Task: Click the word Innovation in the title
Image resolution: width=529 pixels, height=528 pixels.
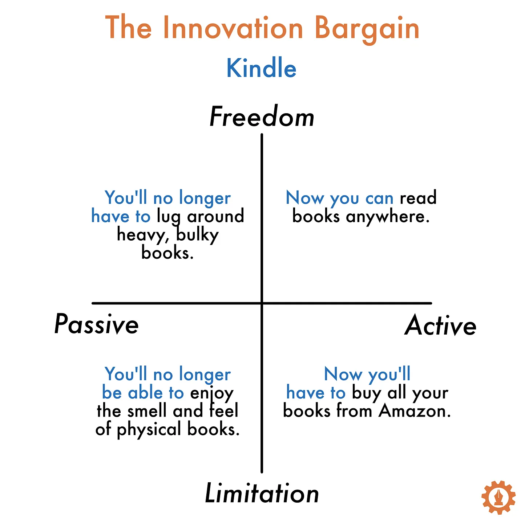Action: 233,28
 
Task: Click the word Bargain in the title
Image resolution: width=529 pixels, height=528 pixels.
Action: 367,30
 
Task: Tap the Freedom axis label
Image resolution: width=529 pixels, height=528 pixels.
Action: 262,116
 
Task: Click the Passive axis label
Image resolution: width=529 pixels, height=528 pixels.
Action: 96,324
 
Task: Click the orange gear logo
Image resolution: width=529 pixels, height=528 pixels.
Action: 498,497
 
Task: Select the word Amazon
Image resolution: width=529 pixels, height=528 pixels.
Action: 415,411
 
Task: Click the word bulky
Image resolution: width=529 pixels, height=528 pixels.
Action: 197,236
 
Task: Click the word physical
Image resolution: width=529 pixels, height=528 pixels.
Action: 149,429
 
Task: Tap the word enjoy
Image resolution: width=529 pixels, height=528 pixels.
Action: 212,393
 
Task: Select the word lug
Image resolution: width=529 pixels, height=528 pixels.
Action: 169,217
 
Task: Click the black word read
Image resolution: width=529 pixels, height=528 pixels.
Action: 418,197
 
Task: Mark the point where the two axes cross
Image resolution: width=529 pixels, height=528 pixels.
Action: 262,303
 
